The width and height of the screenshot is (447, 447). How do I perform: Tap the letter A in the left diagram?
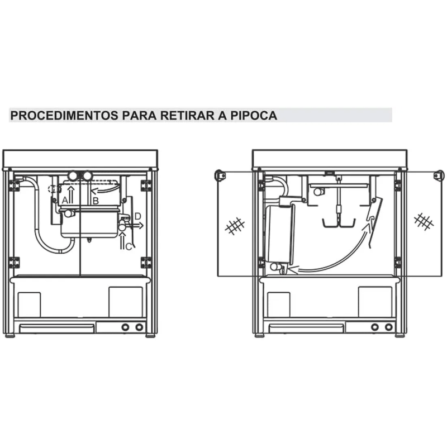click(x=65, y=199)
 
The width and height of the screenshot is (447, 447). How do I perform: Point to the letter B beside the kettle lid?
click(x=96, y=199)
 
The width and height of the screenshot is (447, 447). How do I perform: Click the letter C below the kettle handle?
click(x=129, y=246)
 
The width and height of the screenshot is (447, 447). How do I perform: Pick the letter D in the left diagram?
click(x=137, y=216)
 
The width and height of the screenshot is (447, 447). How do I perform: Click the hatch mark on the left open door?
click(x=235, y=226)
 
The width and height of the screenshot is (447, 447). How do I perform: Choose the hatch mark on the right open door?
click(x=424, y=221)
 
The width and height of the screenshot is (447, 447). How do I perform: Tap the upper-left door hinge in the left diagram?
click(x=14, y=185)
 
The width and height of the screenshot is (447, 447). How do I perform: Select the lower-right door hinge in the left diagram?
click(x=146, y=261)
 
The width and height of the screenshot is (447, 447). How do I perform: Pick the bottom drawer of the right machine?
click(x=306, y=327)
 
